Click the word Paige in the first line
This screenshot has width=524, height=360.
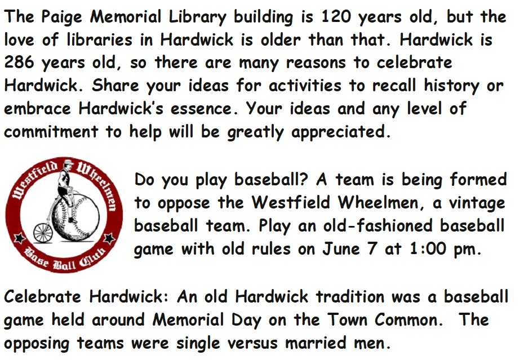61,17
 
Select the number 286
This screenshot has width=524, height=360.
19,62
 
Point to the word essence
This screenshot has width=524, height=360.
201,108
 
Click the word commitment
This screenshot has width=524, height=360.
51,131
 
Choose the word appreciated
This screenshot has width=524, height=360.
341,132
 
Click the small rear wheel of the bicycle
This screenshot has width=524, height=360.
43,233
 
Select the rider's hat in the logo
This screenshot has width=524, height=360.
69,162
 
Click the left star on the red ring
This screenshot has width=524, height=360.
20,238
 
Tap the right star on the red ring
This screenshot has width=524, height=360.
109,239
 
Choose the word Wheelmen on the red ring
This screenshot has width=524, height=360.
99,186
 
